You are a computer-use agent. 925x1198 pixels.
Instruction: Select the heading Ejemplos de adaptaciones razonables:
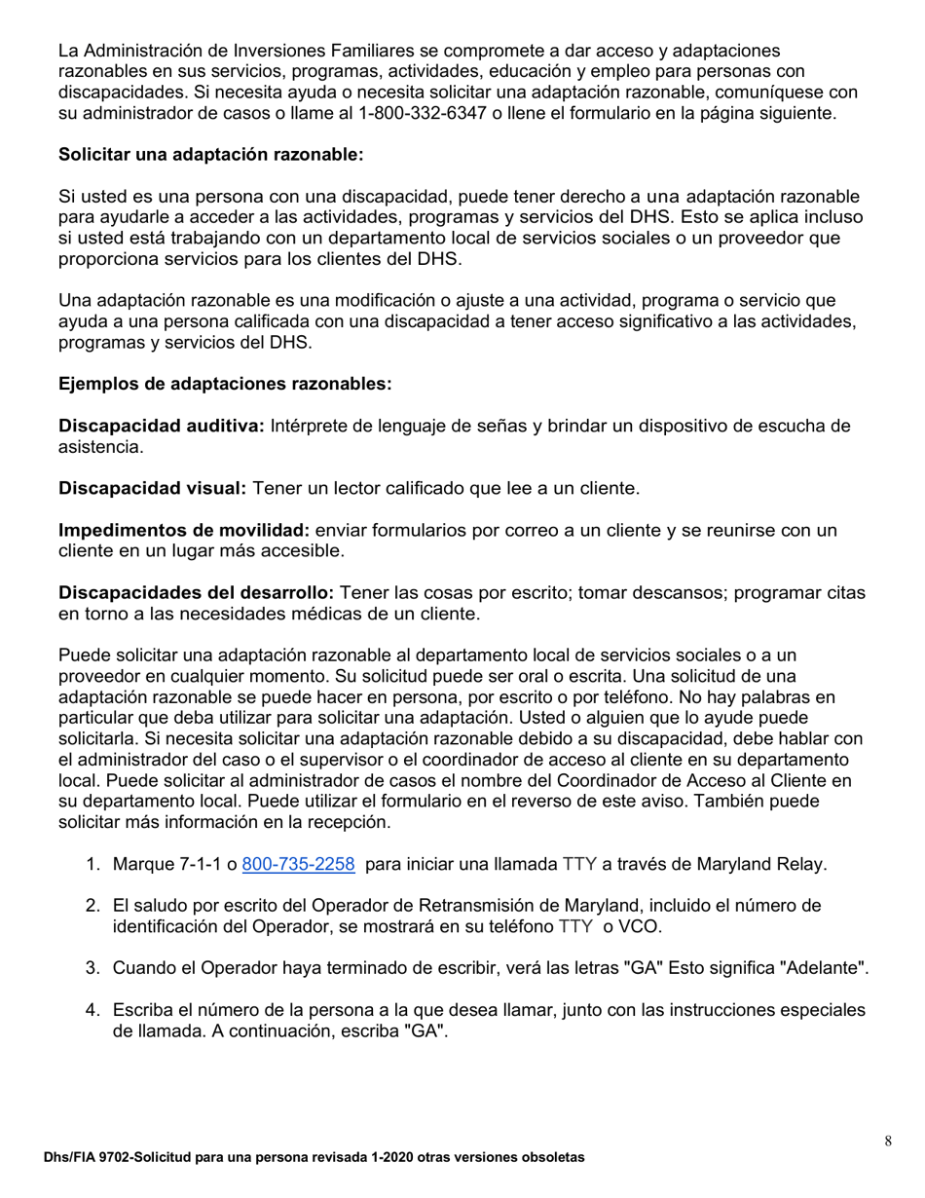[x=225, y=384]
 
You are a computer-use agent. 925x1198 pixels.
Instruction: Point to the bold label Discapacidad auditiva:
[x=162, y=426]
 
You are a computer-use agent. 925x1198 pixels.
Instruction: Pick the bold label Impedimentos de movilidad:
[x=184, y=530]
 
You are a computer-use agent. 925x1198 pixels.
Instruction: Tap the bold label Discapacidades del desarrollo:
[x=197, y=593]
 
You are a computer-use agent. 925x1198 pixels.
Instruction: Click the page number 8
[x=888, y=1142]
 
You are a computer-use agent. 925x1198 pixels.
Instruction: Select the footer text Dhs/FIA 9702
[x=88, y=1158]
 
